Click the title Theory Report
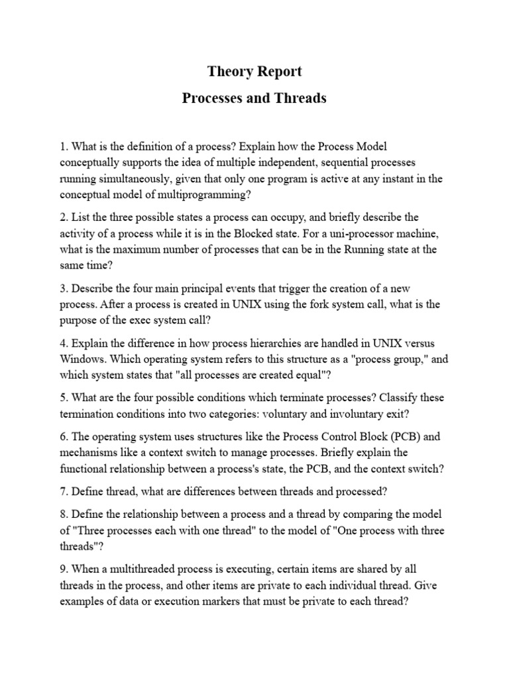point(254,71)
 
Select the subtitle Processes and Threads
point(254,98)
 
